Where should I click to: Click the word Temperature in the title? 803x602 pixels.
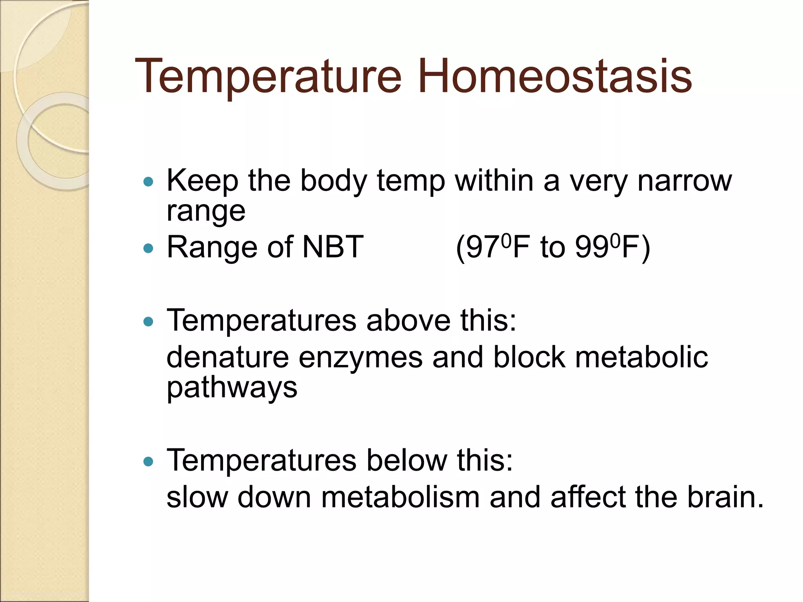pos(268,76)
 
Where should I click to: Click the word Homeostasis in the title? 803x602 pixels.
pos(554,76)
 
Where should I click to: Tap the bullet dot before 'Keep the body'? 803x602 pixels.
pos(148,181)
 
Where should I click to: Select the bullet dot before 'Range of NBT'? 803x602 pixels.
pos(148,248)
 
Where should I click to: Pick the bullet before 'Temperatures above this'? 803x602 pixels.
pos(148,322)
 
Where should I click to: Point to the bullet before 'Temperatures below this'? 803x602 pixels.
pos(148,461)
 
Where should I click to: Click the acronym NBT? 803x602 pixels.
pos(333,247)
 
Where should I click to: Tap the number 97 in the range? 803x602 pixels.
pos(483,248)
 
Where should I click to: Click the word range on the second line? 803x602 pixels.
pos(206,212)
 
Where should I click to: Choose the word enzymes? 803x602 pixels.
pos(361,357)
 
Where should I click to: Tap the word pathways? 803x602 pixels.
pos(232,388)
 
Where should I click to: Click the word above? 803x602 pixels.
pos(408,321)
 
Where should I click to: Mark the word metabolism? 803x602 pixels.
pos(400,497)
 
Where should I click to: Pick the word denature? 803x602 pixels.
pos(228,357)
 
